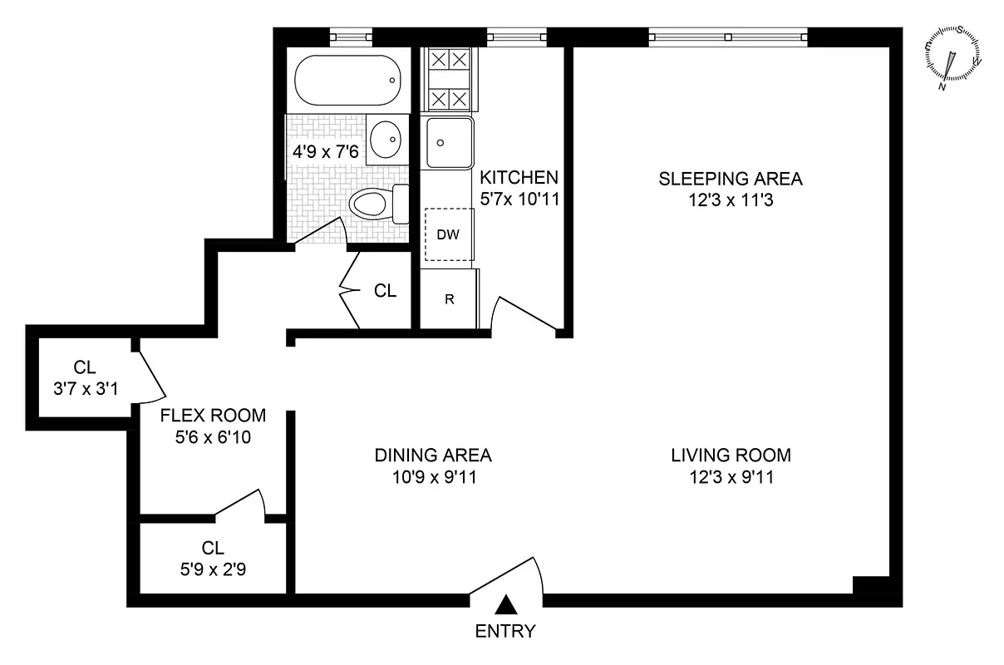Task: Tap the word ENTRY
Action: tap(504, 632)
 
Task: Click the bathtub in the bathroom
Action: tap(349, 81)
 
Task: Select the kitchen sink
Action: tap(450, 143)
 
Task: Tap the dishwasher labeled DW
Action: tap(449, 234)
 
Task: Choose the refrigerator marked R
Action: tap(449, 299)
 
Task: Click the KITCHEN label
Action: tap(519, 177)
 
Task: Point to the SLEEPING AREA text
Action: tap(730, 178)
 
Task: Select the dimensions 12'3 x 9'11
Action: tap(730, 477)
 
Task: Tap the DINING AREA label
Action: tap(433, 456)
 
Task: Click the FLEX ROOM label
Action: tap(214, 416)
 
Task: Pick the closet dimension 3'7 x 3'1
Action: tap(84, 387)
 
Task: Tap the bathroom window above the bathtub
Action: tap(350, 37)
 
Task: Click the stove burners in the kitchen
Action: tap(450, 80)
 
